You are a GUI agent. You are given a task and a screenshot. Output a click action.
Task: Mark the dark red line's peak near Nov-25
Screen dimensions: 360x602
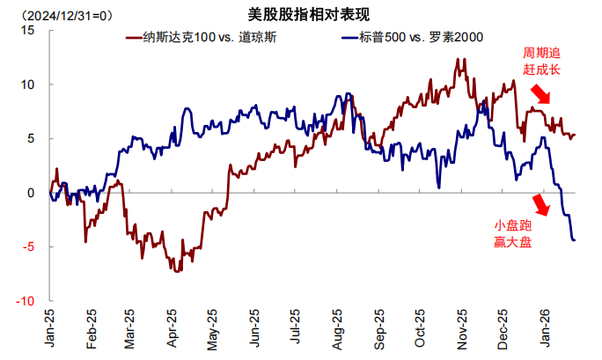(x=460, y=59)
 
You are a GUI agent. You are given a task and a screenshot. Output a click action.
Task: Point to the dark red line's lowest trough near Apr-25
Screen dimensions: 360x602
(x=179, y=271)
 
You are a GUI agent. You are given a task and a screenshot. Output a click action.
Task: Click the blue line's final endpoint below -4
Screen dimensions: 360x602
(x=575, y=240)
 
